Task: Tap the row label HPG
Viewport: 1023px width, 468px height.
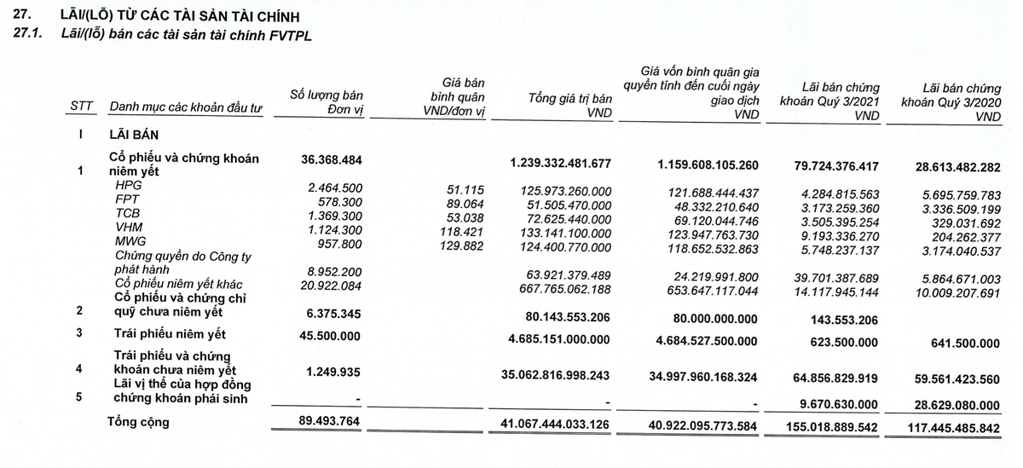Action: [x=129, y=185]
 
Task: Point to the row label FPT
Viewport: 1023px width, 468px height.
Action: [x=127, y=199]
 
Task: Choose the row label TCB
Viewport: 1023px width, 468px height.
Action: [x=128, y=213]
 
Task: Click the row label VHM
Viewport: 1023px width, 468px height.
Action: [x=128, y=227]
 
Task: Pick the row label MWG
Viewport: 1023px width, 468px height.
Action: [x=130, y=241]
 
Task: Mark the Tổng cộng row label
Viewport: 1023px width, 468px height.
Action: [x=137, y=422]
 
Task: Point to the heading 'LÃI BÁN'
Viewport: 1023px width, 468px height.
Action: [x=134, y=134]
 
